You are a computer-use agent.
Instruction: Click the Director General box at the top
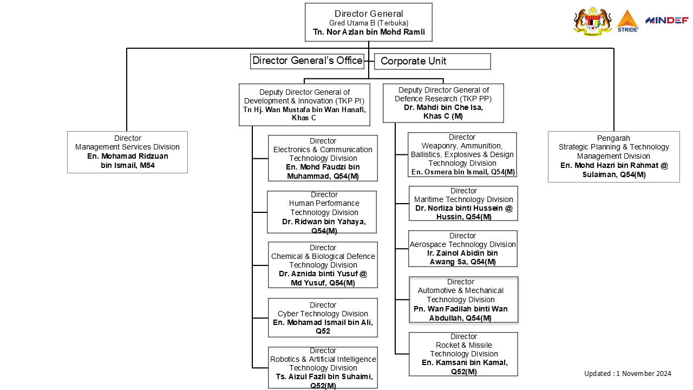click(368, 22)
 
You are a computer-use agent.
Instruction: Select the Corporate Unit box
click(432, 61)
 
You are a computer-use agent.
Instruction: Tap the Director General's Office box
click(308, 61)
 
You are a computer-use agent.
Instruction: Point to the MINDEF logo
click(666, 21)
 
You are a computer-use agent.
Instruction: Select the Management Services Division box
click(127, 152)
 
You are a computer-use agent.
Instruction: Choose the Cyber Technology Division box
click(323, 317)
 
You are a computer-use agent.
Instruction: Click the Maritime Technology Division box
click(463, 203)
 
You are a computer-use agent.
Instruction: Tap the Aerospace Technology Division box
click(463, 249)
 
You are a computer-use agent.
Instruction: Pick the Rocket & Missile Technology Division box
click(463, 354)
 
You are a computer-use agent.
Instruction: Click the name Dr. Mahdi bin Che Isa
click(443, 107)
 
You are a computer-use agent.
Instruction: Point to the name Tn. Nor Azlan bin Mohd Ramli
click(369, 32)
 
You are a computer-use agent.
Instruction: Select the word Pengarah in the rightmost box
click(613, 138)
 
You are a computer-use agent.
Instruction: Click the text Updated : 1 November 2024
click(627, 373)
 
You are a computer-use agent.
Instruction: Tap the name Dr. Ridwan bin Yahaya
click(324, 222)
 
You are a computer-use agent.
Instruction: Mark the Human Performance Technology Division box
click(322, 212)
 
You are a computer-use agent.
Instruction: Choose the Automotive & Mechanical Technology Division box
click(463, 300)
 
